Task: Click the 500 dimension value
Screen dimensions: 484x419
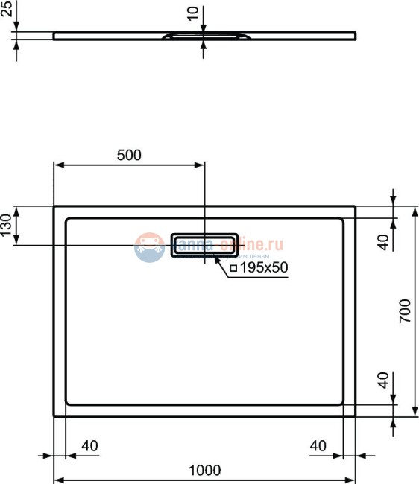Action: (129, 155)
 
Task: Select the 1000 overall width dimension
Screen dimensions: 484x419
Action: (205, 470)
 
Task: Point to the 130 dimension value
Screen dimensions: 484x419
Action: (7, 226)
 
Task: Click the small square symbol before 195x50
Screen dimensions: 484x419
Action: (233, 268)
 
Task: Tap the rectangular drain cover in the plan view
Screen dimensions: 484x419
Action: (205, 244)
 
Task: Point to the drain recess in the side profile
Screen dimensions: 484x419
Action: (204, 35)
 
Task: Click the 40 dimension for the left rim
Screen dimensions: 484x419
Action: (89, 446)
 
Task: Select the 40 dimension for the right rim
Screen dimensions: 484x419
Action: (318, 446)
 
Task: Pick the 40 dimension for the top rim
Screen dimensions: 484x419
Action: (383, 241)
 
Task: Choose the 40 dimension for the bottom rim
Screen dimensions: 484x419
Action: (383, 381)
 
